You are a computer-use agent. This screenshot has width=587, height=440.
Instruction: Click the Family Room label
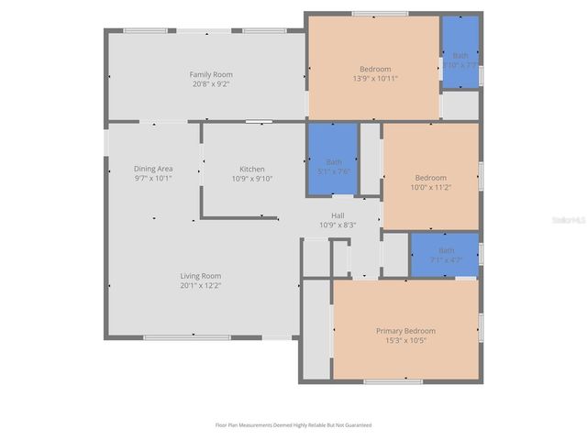pyautogui.click(x=211, y=74)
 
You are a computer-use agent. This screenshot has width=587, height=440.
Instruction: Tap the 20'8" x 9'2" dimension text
pyautogui.click(x=211, y=84)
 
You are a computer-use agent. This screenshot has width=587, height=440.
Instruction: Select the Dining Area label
pyautogui.click(x=153, y=169)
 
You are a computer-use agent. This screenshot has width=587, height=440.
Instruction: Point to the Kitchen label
pyautogui.click(x=252, y=169)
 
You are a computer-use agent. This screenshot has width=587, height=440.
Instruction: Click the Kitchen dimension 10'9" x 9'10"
pyautogui.click(x=252, y=179)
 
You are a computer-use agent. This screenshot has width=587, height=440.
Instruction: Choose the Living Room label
pyautogui.click(x=199, y=276)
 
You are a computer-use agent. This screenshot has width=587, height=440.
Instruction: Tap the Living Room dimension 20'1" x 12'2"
pyautogui.click(x=199, y=286)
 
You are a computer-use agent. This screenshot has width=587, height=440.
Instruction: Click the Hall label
pyautogui.click(x=338, y=214)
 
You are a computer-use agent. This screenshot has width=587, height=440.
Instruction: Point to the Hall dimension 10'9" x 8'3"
pyautogui.click(x=338, y=225)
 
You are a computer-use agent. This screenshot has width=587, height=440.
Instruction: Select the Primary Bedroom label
pyautogui.click(x=405, y=330)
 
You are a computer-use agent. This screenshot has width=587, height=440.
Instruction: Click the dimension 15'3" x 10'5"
pyautogui.click(x=405, y=340)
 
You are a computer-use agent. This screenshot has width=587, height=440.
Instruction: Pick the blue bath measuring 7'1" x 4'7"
pyautogui.click(x=445, y=254)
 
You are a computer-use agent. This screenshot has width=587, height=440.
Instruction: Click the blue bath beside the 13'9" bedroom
pyautogui.click(x=460, y=52)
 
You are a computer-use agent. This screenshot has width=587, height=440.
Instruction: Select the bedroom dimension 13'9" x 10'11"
pyautogui.click(x=374, y=80)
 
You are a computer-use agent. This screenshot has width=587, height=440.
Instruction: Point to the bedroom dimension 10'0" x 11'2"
pyautogui.click(x=430, y=187)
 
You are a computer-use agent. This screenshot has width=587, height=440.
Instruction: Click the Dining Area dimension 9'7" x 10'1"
pyautogui.click(x=153, y=179)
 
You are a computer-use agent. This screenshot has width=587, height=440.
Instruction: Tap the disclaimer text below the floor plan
pyautogui.click(x=293, y=425)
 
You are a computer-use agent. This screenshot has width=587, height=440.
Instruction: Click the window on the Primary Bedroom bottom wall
pyautogui.click(x=393, y=381)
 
